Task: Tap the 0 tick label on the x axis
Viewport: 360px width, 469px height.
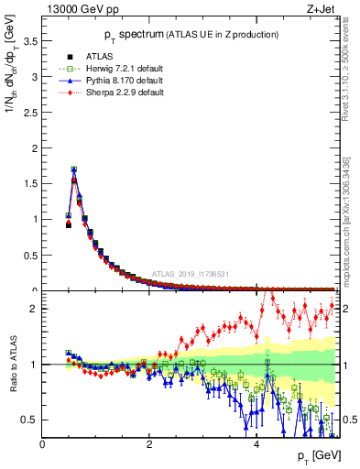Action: (43, 444)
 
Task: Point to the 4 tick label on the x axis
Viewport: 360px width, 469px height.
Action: (256, 444)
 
